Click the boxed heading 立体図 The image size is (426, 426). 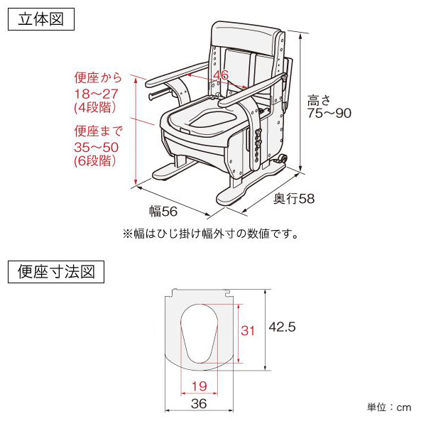coord(40,18)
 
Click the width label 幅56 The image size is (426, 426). coord(163,211)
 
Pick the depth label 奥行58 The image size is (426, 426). coord(294,198)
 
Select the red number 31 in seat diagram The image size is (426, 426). coord(248,331)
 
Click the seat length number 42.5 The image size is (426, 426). coord(281,327)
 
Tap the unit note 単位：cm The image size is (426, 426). coord(389,408)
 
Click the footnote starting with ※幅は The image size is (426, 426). coord(210,233)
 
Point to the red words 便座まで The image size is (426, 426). coord(98,131)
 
